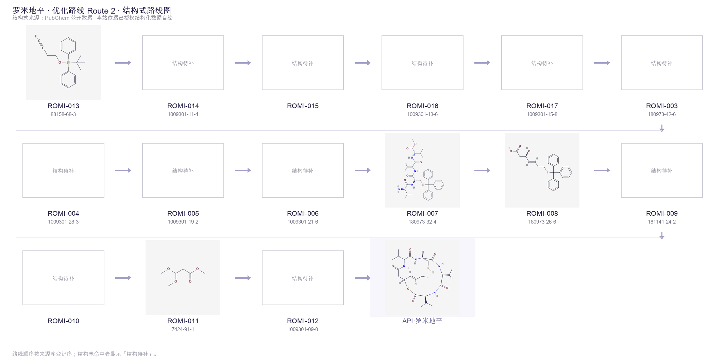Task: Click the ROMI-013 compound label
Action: point(63,106)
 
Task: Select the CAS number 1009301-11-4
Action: point(183,114)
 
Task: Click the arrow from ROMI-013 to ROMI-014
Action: point(123,63)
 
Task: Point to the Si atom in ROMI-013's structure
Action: point(68,63)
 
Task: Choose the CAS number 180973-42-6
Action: point(662,114)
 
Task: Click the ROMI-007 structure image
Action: point(422,170)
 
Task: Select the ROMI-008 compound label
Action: point(542,213)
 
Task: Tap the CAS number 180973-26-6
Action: point(542,222)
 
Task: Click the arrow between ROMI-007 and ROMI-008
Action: point(482,170)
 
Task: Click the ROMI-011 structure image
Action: point(183,278)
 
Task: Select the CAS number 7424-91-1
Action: point(183,329)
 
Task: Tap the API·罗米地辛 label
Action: point(422,321)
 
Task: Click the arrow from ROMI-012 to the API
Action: point(362,278)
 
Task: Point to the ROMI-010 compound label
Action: point(63,321)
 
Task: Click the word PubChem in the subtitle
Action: point(57,18)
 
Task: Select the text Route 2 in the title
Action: point(101,11)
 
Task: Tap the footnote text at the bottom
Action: point(85,354)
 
